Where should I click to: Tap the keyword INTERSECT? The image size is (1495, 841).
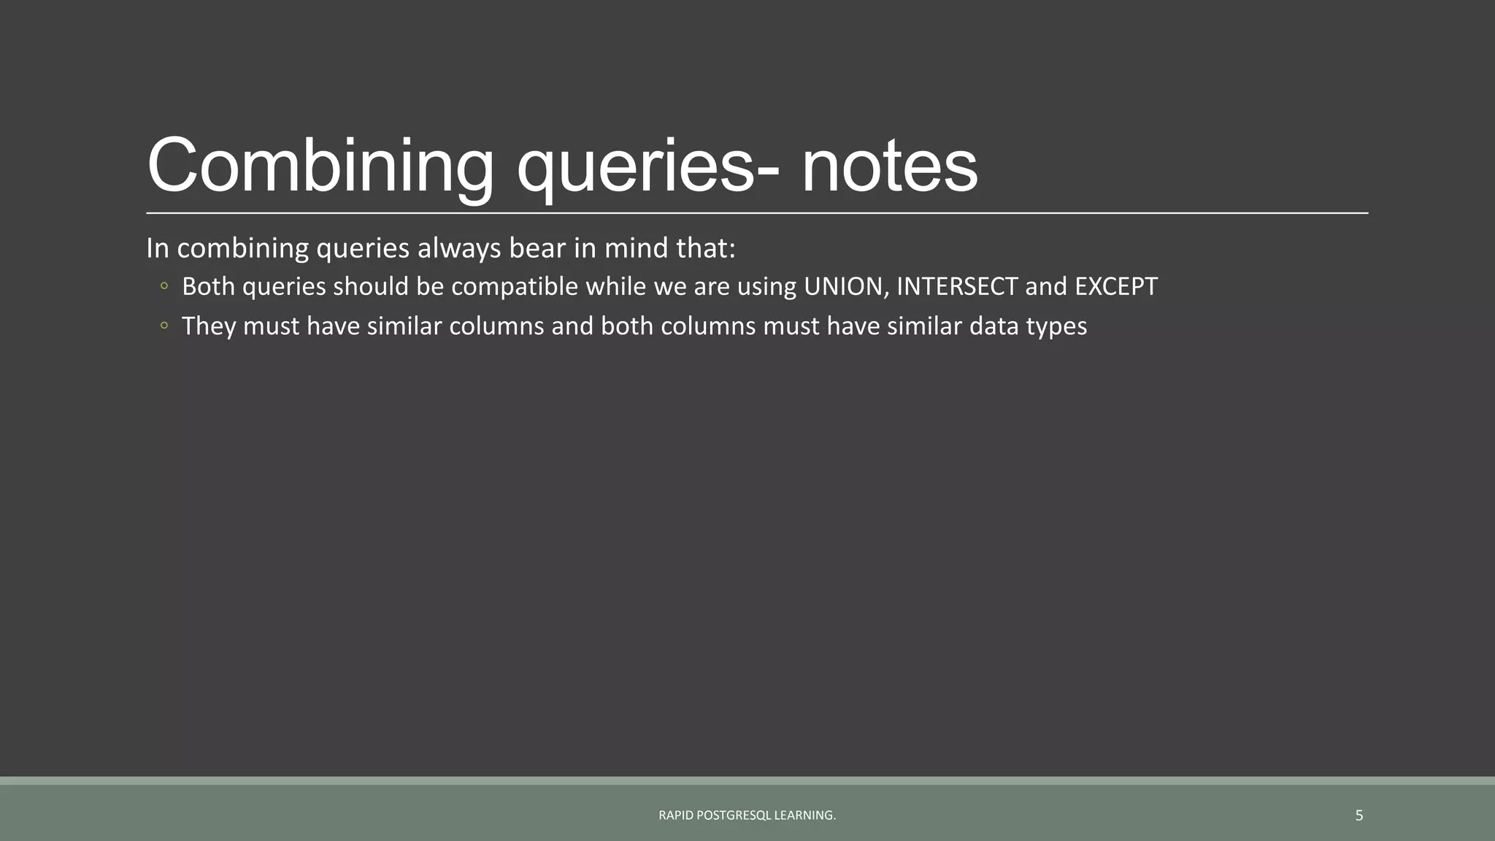coord(956,286)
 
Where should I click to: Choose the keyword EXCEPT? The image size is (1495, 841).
coord(1116,286)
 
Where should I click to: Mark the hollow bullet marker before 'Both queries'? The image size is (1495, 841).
coord(164,286)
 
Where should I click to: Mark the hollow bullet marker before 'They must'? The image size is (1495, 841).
coord(164,326)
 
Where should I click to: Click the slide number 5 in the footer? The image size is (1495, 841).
coord(1358,815)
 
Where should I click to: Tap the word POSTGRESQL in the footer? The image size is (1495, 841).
coord(734,815)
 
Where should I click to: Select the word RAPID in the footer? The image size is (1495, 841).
coord(675,815)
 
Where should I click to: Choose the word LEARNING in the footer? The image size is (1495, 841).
coord(804,815)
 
